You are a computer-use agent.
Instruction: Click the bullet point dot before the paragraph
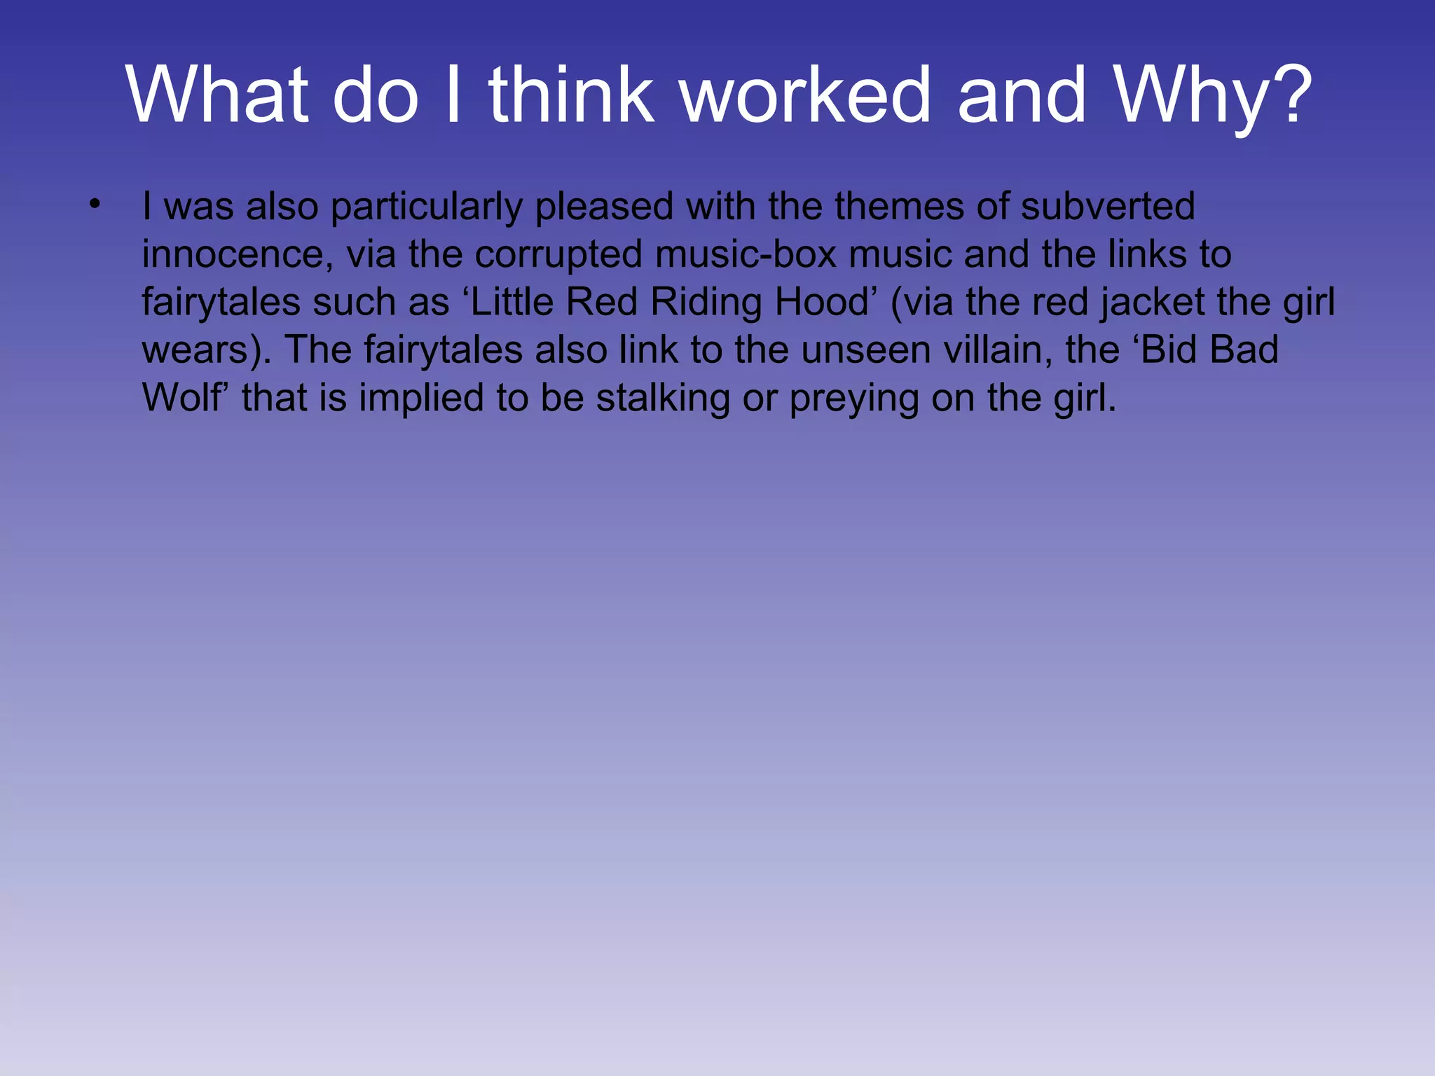coord(95,205)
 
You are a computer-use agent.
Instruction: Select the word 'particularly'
coord(427,207)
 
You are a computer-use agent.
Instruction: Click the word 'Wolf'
coord(186,397)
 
